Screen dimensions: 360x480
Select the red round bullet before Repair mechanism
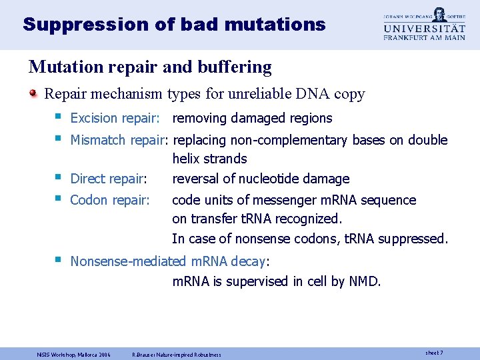(x=34, y=94)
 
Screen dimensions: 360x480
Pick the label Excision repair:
(x=115, y=119)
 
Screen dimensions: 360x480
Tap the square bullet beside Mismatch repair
(x=59, y=139)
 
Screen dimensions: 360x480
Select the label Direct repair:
(x=109, y=179)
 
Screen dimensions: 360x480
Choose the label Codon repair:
(x=110, y=200)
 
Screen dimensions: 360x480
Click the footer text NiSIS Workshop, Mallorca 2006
(x=74, y=355)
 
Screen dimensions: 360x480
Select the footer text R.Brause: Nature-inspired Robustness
(x=177, y=355)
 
